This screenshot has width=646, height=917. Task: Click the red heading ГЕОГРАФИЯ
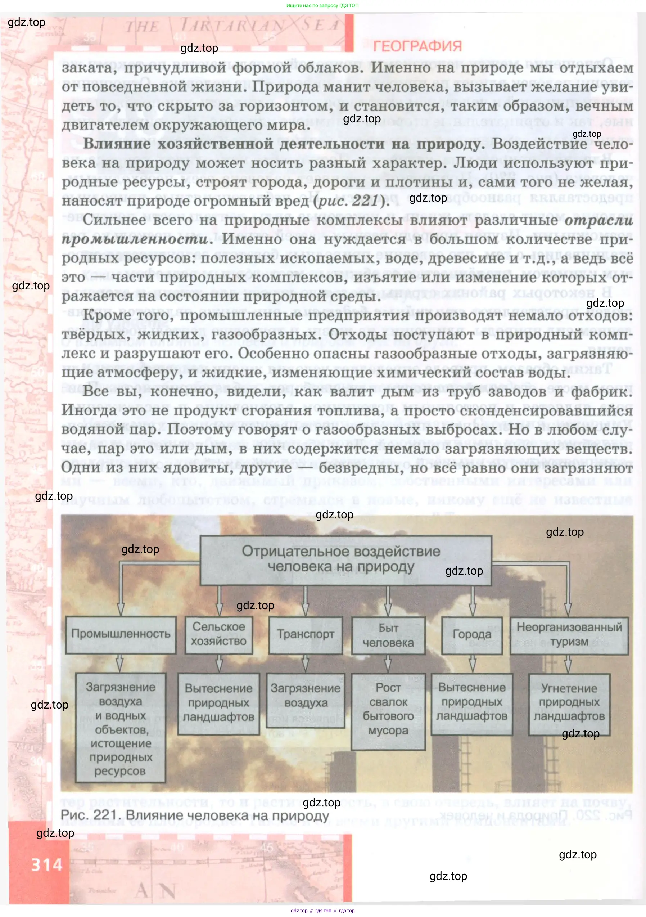click(417, 46)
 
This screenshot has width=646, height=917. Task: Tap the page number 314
click(47, 865)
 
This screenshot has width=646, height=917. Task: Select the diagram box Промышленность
click(121, 635)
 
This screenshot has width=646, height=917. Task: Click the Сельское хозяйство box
click(218, 634)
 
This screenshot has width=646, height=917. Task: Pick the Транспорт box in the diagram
click(306, 635)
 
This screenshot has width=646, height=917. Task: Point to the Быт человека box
click(388, 635)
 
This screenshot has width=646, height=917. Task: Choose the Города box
click(472, 635)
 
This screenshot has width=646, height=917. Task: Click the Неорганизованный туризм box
click(569, 635)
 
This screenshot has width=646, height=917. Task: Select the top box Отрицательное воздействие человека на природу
click(345, 559)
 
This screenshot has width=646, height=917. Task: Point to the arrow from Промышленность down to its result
click(120, 662)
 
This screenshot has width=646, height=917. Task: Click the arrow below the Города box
click(472, 664)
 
